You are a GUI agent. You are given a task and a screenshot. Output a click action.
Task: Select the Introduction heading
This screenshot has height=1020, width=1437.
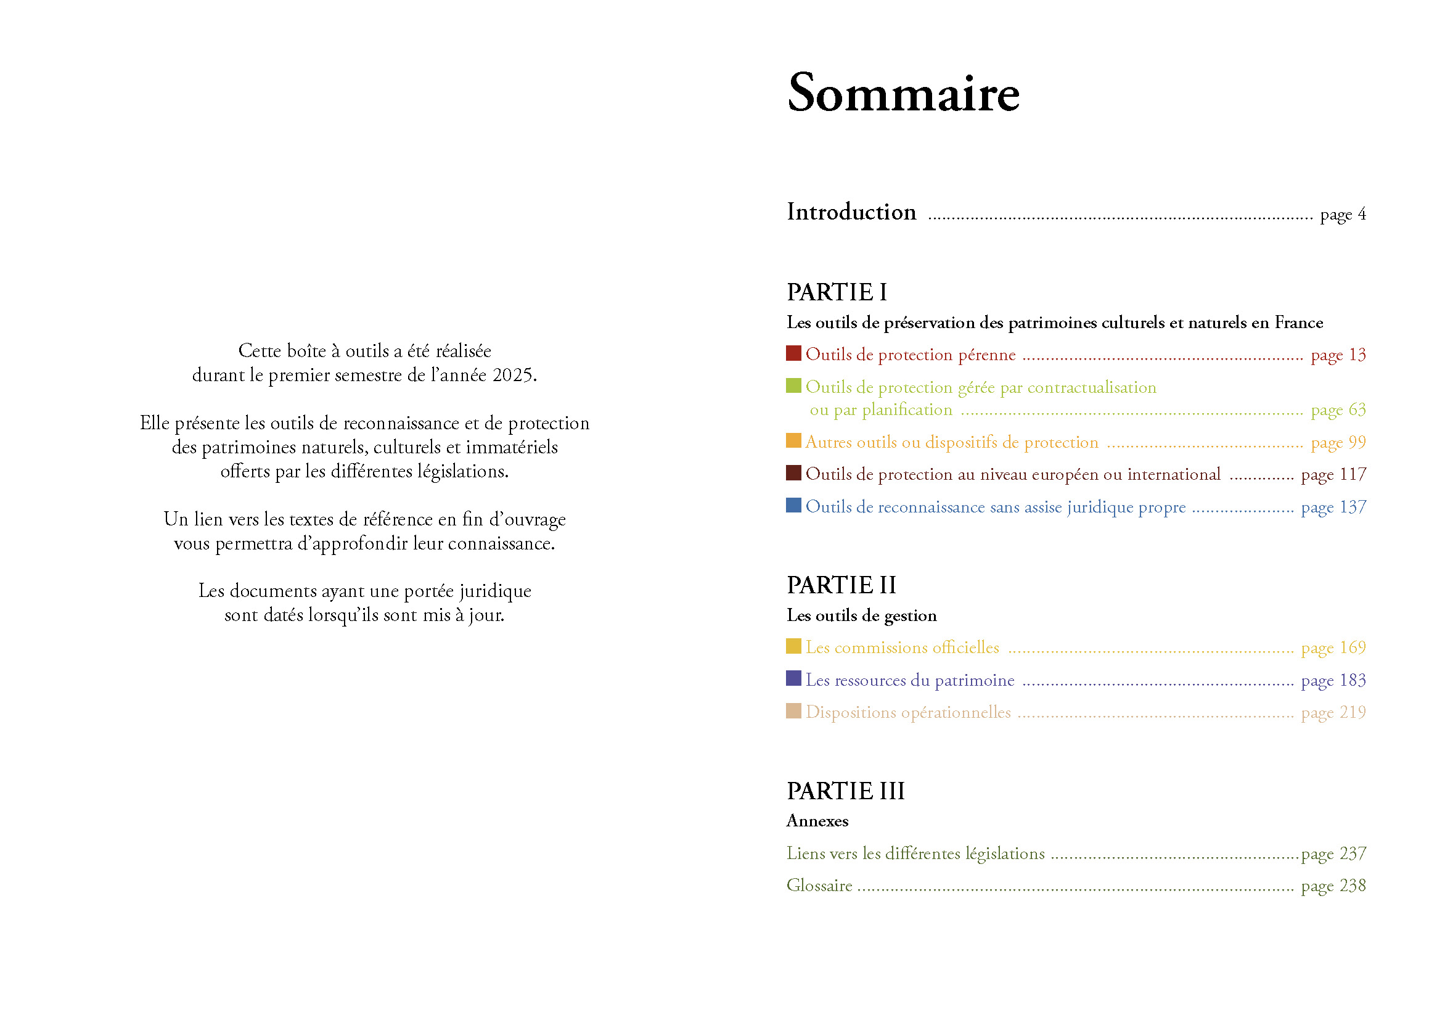pos(851,212)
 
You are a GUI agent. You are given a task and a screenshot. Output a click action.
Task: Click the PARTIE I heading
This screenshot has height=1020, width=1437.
pos(836,293)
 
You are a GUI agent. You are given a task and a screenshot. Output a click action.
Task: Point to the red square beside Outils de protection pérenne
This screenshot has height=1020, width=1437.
pos(793,353)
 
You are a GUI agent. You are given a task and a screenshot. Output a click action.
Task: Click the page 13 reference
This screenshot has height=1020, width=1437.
pos(1338,355)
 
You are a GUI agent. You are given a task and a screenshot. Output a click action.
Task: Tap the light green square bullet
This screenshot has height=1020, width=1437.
pos(793,385)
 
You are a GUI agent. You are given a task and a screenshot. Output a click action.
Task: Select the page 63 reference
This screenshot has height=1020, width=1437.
pos(1338,410)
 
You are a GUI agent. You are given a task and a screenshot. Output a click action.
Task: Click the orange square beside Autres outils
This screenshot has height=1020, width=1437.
pos(793,440)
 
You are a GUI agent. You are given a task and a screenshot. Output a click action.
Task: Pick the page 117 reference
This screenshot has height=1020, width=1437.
pos(1333,475)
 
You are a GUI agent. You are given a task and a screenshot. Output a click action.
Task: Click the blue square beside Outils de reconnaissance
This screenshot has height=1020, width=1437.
pos(793,505)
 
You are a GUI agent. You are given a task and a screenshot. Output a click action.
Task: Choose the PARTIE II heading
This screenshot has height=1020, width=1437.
pos(841,585)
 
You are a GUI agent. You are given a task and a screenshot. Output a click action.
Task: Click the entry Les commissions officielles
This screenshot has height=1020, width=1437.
pos(902,648)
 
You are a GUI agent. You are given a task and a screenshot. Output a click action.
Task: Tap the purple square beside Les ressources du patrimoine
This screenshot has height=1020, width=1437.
pos(793,678)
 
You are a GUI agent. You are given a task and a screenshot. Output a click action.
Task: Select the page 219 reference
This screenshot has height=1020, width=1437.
pos(1333,713)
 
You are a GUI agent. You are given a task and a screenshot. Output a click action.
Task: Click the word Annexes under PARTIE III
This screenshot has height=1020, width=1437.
pos(817,821)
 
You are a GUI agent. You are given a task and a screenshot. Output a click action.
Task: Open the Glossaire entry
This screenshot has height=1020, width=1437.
pos(819,886)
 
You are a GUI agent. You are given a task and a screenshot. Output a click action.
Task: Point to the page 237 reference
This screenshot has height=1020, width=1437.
pos(1333,854)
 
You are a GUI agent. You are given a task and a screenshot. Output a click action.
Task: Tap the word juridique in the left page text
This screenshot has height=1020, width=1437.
pos(495,591)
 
